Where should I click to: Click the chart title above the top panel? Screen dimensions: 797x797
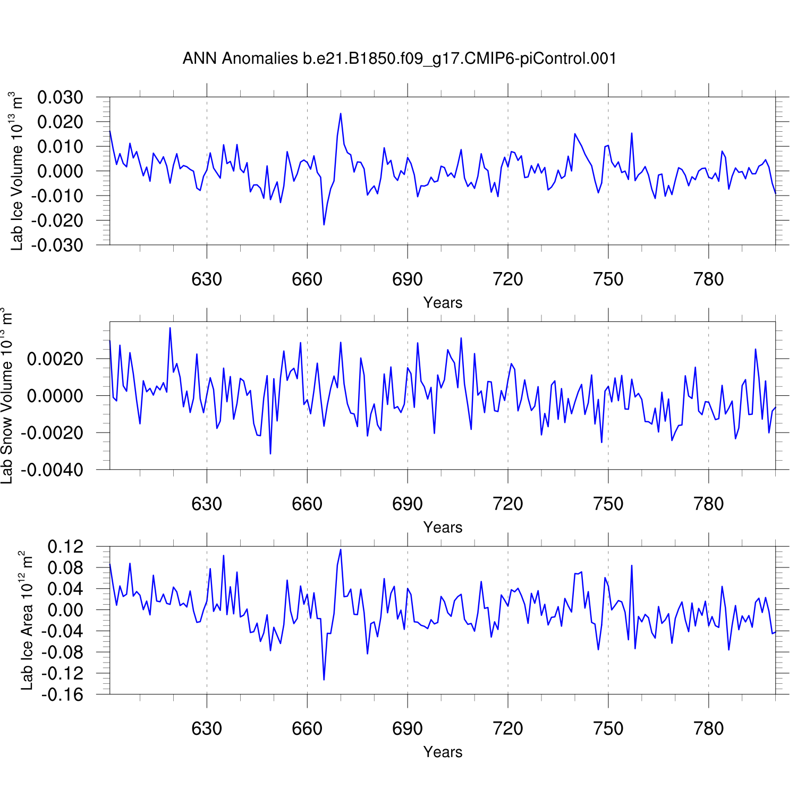(x=400, y=58)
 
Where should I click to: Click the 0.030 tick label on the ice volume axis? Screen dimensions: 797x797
(x=60, y=97)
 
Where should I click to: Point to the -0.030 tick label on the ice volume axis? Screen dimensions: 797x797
(x=57, y=245)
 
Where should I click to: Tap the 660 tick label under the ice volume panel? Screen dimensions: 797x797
(x=307, y=279)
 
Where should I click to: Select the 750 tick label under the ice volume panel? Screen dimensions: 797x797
(x=608, y=279)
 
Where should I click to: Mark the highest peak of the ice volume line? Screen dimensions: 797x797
(x=341, y=114)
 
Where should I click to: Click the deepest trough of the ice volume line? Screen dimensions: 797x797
(x=324, y=224)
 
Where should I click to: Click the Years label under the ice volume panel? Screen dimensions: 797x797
(x=443, y=303)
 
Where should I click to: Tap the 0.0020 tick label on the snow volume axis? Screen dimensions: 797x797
(x=55, y=359)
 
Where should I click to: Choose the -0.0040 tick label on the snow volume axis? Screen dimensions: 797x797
(x=52, y=470)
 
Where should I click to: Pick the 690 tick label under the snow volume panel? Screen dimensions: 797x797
(x=408, y=504)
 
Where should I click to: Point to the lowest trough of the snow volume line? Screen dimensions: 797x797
(x=270, y=453)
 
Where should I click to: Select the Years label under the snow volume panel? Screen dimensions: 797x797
(x=443, y=528)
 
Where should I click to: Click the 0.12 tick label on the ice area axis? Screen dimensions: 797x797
(x=65, y=546)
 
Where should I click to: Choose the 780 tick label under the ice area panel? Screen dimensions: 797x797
(x=709, y=728)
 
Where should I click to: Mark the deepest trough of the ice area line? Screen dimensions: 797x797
(x=324, y=680)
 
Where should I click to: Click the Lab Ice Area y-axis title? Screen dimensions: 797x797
(x=27, y=621)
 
